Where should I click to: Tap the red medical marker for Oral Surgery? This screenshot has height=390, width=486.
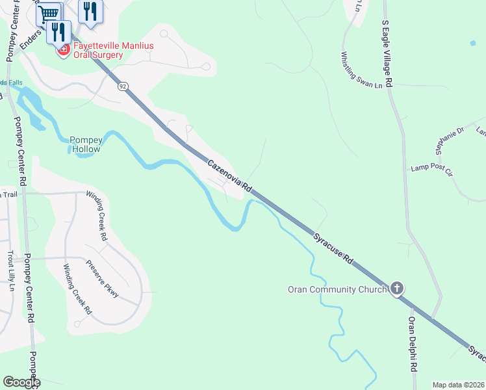tap(64, 49)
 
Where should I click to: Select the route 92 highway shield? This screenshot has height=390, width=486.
tap(123, 85)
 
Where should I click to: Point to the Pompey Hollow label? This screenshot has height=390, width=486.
tap(86, 144)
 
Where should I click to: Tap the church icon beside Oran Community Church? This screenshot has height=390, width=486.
tap(397, 289)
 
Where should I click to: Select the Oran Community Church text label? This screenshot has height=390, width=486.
tap(337, 289)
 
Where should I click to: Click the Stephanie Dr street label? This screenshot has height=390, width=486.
tap(450, 140)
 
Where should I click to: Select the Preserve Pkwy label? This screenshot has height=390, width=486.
tap(102, 279)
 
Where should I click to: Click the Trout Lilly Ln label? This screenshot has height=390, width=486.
tap(11, 270)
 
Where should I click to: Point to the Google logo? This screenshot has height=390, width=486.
tap(21, 382)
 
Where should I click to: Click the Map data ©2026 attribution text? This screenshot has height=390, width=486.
tap(458, 385)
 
